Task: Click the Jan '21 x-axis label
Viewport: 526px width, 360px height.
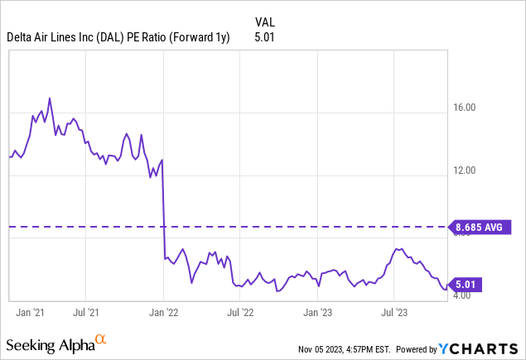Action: [31, 313]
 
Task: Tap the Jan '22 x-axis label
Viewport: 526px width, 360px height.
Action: [164, 313]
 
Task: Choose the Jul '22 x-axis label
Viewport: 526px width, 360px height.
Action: [239, 313]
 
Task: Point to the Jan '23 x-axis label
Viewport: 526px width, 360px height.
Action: [317, 313]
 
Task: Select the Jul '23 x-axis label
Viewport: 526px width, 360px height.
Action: [393, 313]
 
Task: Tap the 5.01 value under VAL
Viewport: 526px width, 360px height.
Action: [263, 36]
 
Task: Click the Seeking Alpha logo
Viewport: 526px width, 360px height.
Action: [56, 342]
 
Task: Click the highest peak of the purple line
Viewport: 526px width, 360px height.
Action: [50, 98]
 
